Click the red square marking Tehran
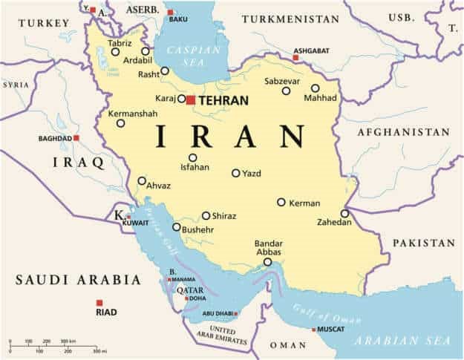point(191,99)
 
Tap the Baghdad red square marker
point(76,138)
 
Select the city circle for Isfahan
point(193,157)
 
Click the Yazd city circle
point(236,173)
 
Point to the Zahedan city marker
point(345,214)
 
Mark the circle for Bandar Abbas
point(267,261)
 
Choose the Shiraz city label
point(224,216)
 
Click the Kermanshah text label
point(133,114)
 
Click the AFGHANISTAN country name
point(404,132)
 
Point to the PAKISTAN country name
point(423,243)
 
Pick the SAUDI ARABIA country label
point(78,280)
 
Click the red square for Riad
point(99,302)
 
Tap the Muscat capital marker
point(313,329)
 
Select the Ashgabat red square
point(295,56)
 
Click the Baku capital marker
point(170,12)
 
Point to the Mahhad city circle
point(316,88)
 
